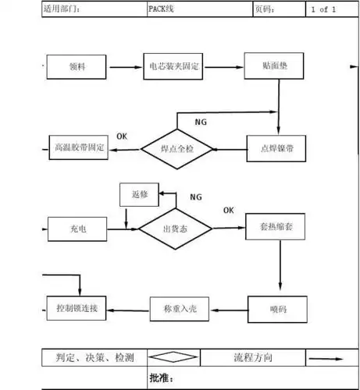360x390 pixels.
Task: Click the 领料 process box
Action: tap(77, 68)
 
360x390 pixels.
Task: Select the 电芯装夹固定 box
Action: tap(175, 68)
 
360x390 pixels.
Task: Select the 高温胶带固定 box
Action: tap(78, 148)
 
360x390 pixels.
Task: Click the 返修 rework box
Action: tap(139, 192)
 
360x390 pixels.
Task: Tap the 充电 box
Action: tap(77, 228)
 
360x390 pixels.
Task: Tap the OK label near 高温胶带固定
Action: tap(122, 136)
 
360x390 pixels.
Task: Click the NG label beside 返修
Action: tap(195, 197)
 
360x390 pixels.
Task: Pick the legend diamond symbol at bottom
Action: tap(173, 358)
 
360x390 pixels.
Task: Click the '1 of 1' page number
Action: tap(323, 9)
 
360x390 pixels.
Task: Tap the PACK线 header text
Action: tap(162, 9)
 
